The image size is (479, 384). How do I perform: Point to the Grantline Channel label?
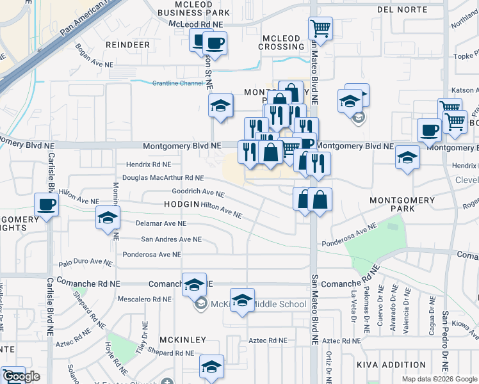(177, 83)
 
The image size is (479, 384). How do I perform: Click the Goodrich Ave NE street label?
(198, 192)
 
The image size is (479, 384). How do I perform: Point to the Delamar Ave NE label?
(161, 223)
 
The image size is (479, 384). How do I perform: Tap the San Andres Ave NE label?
(171, 239)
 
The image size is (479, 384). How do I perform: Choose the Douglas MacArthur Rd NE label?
(163, 177)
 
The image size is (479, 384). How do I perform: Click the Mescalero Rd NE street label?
(147, 299)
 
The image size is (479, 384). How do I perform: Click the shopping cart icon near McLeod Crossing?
(320, 28)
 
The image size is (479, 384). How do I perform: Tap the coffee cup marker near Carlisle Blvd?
(45, 205)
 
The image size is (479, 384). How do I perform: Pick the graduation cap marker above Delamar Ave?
(108, 218)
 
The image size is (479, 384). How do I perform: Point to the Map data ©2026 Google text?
(439, 379)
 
